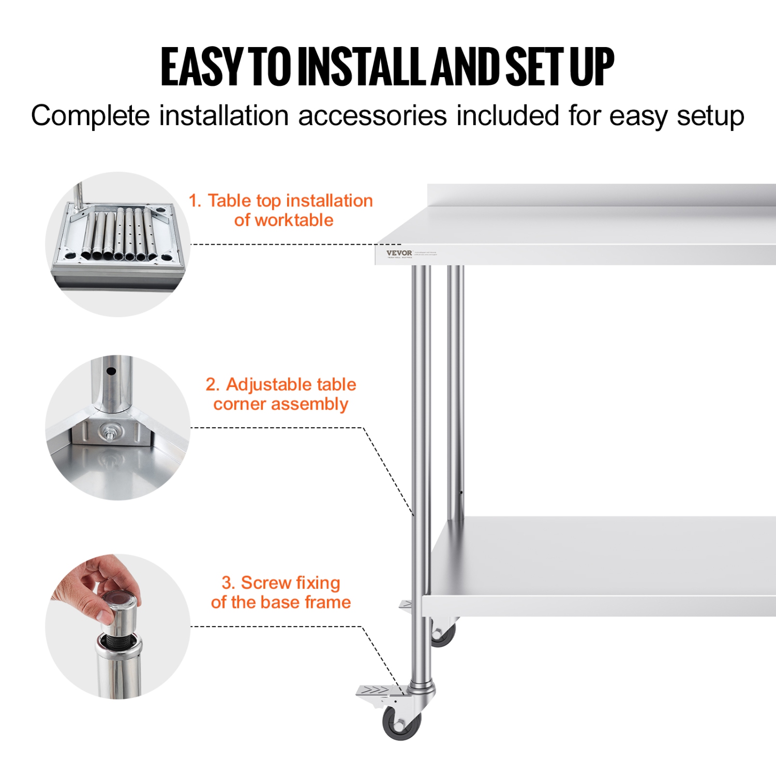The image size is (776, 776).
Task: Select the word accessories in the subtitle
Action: pyautogui.click(x=372, y=115)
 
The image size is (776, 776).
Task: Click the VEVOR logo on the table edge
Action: pyautogui.click(x=399, y=253)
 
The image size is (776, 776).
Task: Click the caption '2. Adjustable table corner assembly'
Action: pyautogui.click(x=281, y=394)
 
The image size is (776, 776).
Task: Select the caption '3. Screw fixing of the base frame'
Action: pyautogui.click(x=281, y=592)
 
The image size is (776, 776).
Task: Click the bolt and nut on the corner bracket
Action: pyautogui.click(x=109, y=430)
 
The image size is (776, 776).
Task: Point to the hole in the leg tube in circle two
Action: pyautogui.click(x=111, y=371)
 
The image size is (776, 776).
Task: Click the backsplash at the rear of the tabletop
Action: pyautogui.click(x=600, y=195)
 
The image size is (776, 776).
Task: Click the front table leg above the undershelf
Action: pyautogui.click(x=421, y=388)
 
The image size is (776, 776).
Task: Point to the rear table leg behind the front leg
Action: pyautogui.click(x=455, y=388)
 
